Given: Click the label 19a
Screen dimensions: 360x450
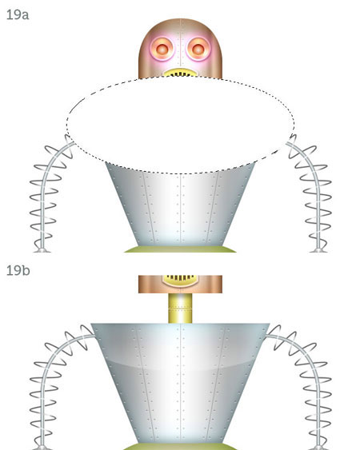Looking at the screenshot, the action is click(18, 14).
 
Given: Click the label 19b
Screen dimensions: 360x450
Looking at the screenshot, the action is click(18, 270).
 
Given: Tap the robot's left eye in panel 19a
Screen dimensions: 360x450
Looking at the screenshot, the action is click(162, 49).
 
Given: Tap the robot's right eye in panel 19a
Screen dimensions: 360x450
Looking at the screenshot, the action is click(198, 49).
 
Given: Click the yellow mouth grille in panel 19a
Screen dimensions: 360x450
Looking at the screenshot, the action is click(180, 73).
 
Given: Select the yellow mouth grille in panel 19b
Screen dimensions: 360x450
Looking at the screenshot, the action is click(180, 281).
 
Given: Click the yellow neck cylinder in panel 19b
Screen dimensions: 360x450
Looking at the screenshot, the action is click(180, 309).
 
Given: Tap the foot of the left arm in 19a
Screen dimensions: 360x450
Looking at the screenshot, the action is click(42, 250).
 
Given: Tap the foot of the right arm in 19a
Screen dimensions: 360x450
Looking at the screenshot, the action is click(318, 250).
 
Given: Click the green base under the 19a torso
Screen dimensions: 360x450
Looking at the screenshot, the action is click(180, 249).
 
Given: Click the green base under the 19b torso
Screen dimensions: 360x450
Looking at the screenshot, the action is click(180, 447).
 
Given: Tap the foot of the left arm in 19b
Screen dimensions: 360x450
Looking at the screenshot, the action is click(42, 448).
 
